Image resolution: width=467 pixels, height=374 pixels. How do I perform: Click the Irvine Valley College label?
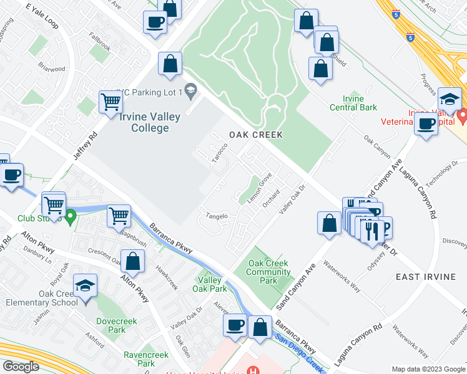[150, 122]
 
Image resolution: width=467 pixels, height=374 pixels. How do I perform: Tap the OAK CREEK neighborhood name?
[255, 135]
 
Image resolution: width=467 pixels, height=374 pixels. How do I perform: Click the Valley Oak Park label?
[209, 284]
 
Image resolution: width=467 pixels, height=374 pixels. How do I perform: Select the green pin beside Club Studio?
[71, 218]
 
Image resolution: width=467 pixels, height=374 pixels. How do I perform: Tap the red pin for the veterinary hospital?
[462, 116]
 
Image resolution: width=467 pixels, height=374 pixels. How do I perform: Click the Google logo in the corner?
[21, 367]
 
